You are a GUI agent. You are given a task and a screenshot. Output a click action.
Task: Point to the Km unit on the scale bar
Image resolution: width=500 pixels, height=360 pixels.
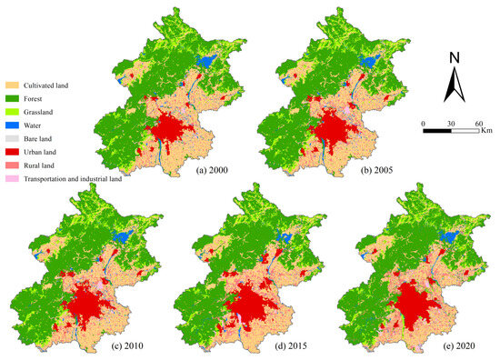[487, 132]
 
